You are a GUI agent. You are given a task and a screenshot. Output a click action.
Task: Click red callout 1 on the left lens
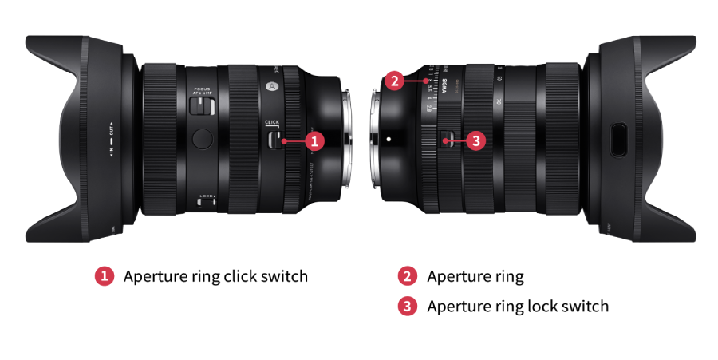point(314,140)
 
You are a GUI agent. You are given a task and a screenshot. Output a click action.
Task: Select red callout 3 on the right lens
point(475,140)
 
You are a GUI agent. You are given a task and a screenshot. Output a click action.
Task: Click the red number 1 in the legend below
point(104,276)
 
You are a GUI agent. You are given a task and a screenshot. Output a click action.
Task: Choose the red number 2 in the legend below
point(408,276)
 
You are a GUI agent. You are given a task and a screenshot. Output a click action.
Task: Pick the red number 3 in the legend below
point(408,306)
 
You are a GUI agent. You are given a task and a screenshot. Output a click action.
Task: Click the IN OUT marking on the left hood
point(112,139)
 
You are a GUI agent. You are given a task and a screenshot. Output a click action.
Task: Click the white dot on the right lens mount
point(389,139)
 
